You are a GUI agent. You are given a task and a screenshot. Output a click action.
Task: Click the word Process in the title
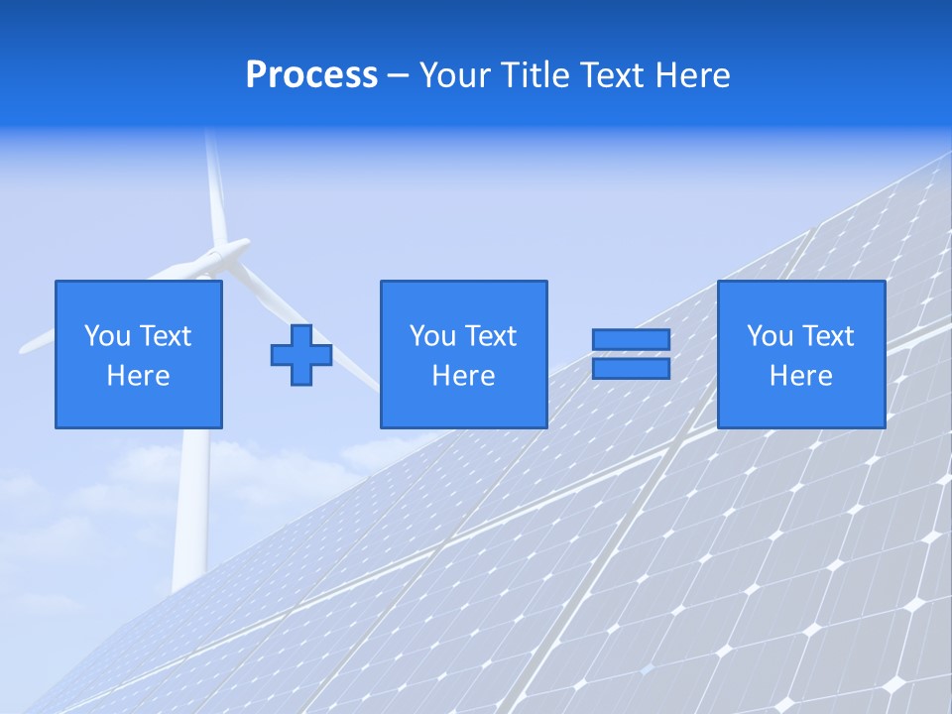coord(311,75)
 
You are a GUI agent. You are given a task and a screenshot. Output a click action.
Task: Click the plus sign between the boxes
coord(301,354)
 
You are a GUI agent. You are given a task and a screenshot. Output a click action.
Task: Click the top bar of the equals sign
coord(631,339)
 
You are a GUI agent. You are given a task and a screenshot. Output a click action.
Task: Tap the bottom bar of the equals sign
coord(631,368)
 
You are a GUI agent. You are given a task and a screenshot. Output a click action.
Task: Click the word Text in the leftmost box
coord(166,336)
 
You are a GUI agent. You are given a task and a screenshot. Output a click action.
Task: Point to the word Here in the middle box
coord(463,376)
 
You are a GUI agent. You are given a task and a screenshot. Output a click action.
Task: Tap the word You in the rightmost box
coord(770,336)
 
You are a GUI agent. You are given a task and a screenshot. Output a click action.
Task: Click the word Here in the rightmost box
coord(800,376)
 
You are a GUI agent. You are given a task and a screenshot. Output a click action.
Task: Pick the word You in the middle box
coord(432,336)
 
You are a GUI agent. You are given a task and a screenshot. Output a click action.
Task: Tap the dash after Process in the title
coord(398,75)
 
